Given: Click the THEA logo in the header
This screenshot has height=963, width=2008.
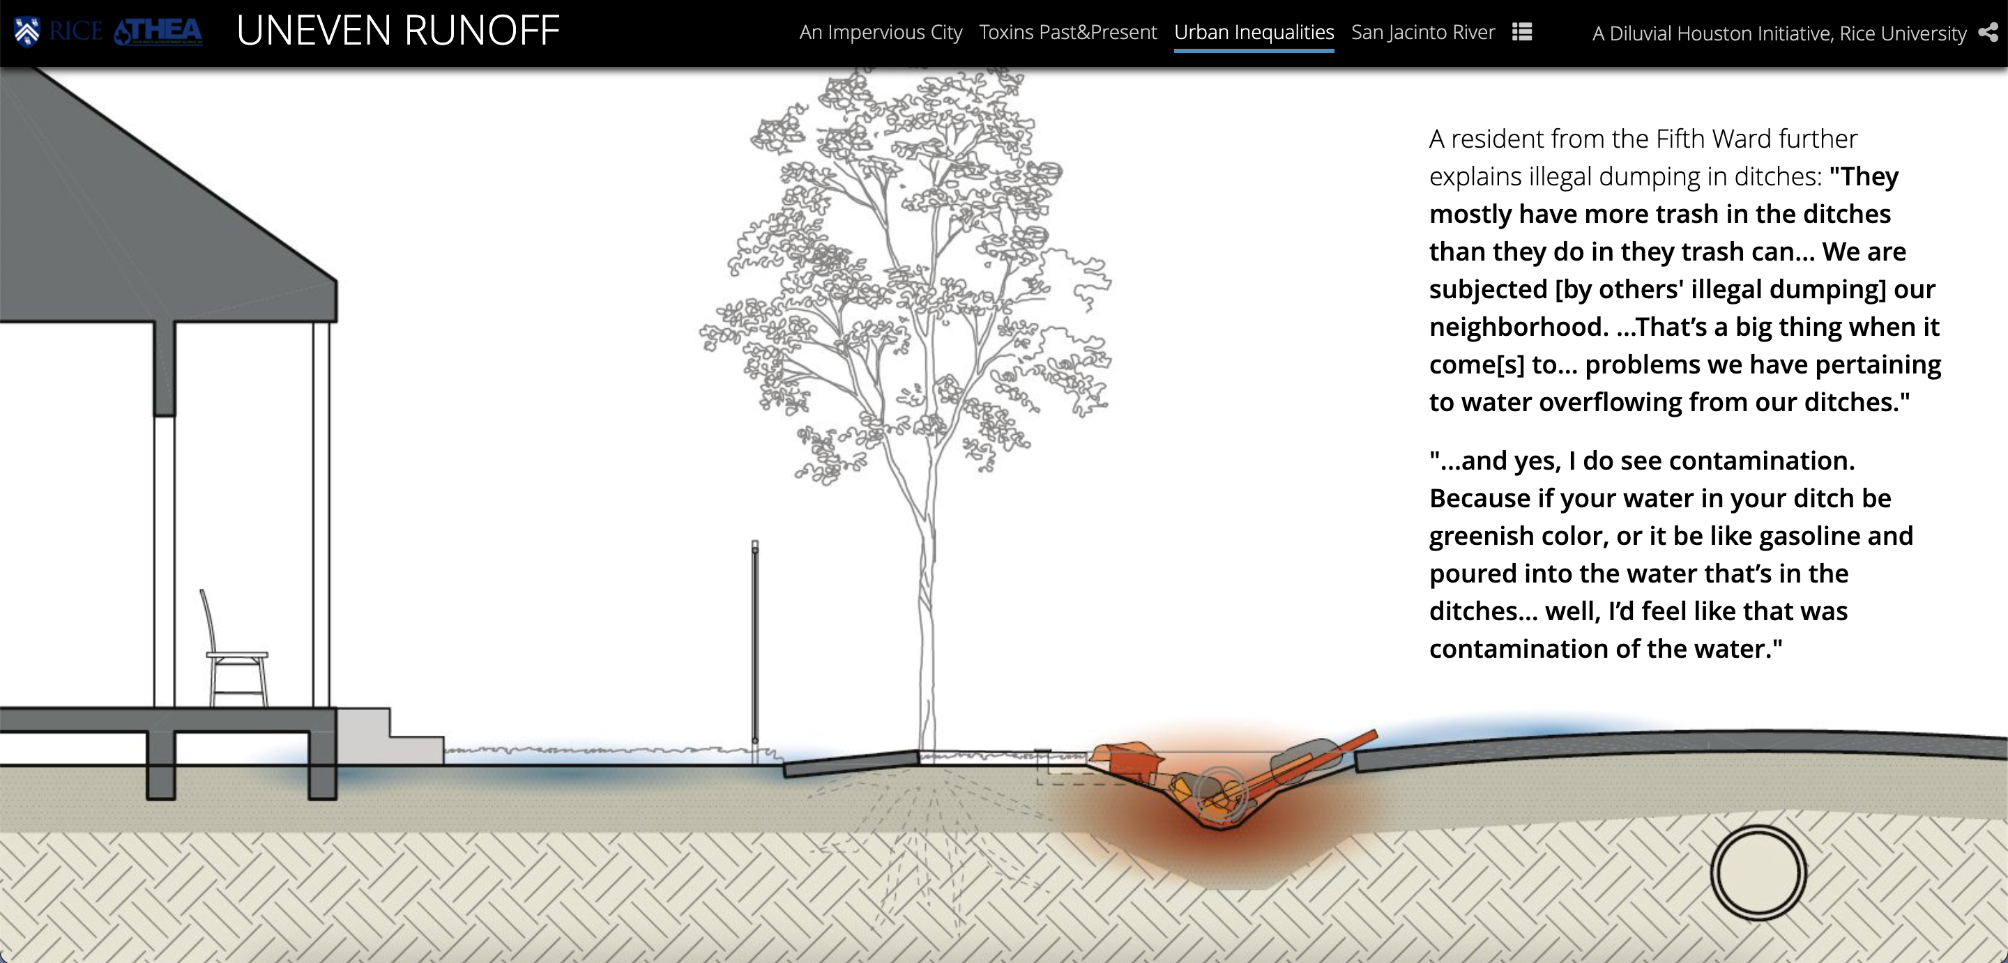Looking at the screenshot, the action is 158,32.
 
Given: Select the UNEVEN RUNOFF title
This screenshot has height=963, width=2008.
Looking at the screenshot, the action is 397,31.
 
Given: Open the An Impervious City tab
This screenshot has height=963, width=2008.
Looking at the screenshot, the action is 880,32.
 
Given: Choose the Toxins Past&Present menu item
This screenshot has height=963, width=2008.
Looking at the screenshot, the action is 1067,32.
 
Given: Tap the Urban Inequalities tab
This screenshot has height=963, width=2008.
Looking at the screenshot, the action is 1254,32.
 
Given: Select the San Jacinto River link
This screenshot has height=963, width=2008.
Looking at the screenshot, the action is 1422,32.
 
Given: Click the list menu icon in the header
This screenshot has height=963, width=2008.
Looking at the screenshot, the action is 1521,32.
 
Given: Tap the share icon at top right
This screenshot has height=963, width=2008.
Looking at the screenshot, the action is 1988,33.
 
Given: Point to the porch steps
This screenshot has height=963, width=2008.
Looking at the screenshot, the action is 390,737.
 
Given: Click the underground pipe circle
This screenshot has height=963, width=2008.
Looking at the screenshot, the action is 1758,872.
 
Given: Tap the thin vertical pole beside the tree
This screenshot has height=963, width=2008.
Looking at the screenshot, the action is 754,642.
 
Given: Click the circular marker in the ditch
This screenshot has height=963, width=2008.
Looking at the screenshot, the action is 1220,794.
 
